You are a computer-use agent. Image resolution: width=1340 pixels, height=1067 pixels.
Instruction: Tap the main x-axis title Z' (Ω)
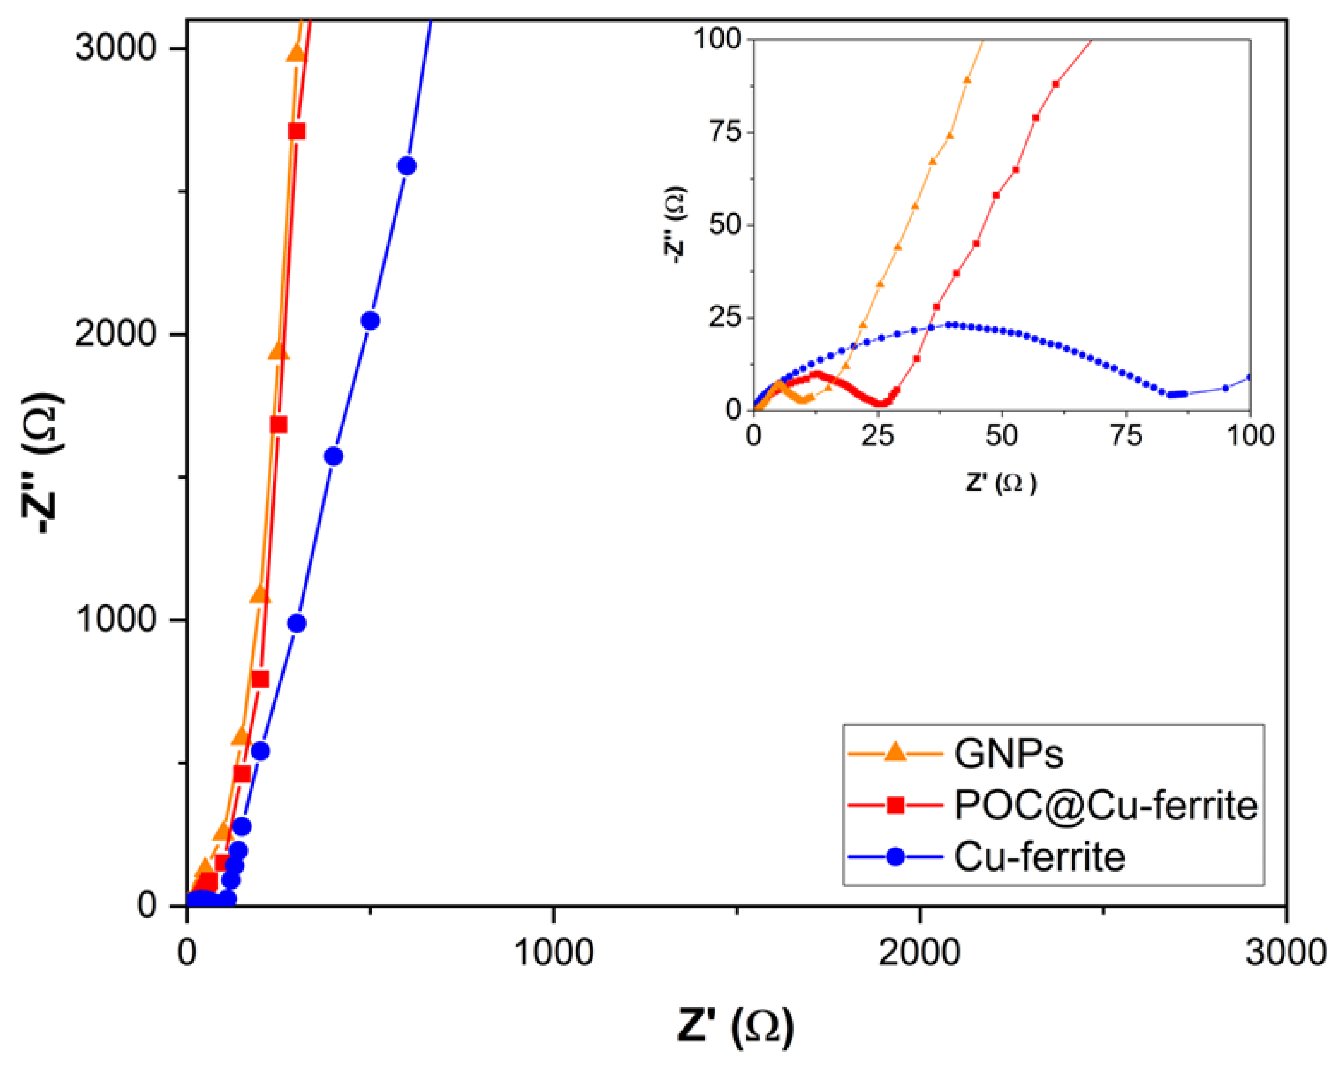[735, 1026]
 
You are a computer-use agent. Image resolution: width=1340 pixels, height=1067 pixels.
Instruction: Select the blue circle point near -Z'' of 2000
[370, 321]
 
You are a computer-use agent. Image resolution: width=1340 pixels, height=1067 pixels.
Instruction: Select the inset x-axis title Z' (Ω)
[1001, 482]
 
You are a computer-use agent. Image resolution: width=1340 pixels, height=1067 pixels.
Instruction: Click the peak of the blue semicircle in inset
[951, 325]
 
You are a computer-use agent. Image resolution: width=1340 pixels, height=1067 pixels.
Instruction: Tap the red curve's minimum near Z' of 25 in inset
[883, 403]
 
